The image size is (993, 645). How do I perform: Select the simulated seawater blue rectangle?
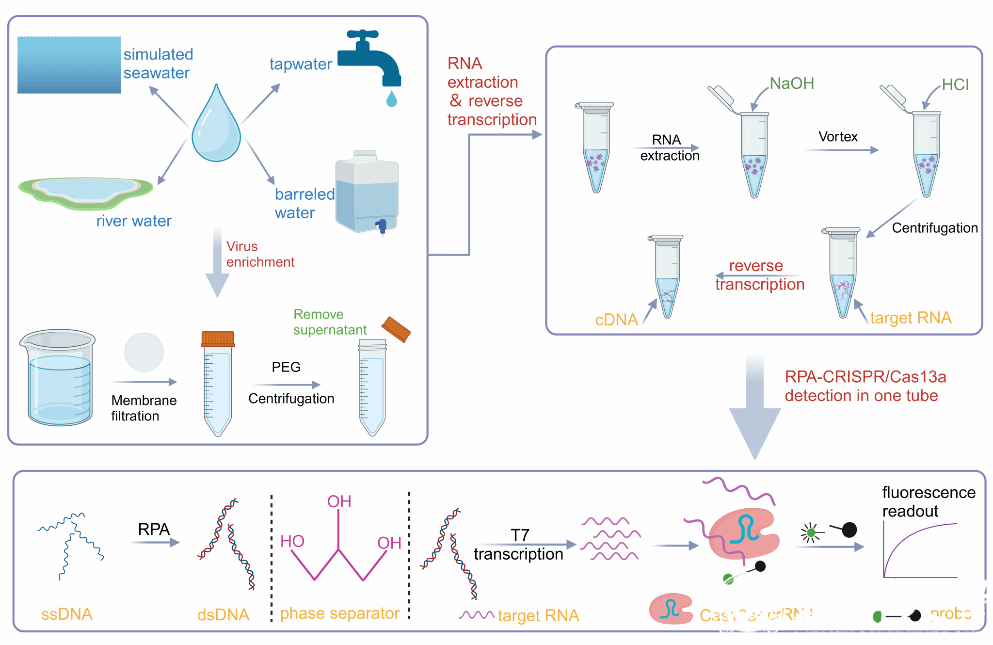[x=69, y=64]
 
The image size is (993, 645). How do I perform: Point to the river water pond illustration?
[x=86, y=192]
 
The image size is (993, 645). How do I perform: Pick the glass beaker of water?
[x=59, y=378]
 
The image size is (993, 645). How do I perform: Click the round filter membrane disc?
[x=144, y=352]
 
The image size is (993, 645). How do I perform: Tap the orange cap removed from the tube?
[x=396, y=330]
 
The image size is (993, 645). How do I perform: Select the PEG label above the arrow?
[x=286, y=367]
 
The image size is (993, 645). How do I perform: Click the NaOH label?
[x=791, y=83]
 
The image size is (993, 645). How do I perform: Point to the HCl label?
[x=955, y=85]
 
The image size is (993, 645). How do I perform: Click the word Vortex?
[x=838, y=137]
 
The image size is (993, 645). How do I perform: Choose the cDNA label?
[x=616, y=320]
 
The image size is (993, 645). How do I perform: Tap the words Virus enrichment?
[x=260, y=254]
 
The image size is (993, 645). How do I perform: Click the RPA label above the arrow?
[x=154, y=529]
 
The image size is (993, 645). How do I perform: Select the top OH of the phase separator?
[x=339, y=501]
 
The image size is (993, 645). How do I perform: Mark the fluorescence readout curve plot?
[x=920, y=550]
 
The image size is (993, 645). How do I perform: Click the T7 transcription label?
[x=519, y=545]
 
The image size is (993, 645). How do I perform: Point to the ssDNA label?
[x=67, y=614]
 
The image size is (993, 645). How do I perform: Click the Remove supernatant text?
[x=330, y=322]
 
